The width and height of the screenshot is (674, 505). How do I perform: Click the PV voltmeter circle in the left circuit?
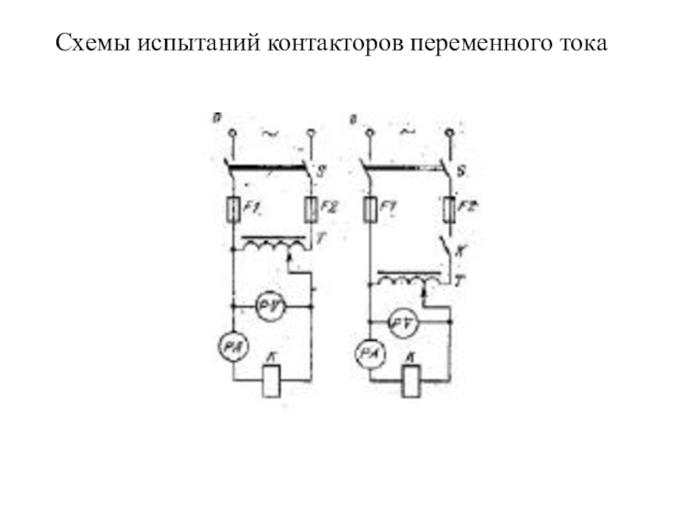click(270, 308)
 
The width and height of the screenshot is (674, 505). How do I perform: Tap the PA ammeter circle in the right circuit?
click(369, 353)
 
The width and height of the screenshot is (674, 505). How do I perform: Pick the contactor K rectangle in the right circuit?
click(410, 382)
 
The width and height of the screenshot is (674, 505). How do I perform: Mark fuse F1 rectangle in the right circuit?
click(370, 208)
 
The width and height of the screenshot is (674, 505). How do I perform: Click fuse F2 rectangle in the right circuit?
click(449, 208)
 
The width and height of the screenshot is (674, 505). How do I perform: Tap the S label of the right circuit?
click(459, 173)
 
